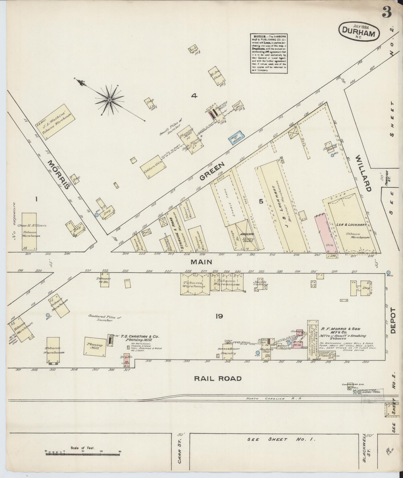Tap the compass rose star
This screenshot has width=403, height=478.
pos(109,100)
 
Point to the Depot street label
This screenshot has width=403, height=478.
pos(394,320)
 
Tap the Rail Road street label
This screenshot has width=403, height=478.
pos(218,378)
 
